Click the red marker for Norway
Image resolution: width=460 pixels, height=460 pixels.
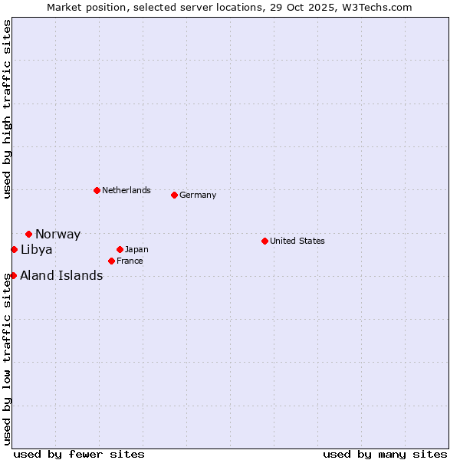(x=28, y=234)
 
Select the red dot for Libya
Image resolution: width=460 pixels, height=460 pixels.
(x=14, y=249)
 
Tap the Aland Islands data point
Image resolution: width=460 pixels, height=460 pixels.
(x=13, y=275)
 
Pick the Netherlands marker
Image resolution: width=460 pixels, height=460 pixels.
(x=97, y=190)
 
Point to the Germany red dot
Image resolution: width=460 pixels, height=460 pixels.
(x=174, y=195)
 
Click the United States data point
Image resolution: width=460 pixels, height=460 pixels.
(x=264, y=241)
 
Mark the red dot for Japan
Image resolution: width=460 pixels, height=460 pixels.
(x=120, y=249)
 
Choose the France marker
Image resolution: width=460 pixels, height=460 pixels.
(x=111, y=261)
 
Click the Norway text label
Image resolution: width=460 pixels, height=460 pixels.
(x=58, y=235)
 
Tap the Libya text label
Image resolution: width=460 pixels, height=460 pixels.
(x=36, y=250)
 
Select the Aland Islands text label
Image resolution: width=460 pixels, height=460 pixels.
(x=61, y=276)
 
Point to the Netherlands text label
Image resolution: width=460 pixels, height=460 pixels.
(x=127, y=190)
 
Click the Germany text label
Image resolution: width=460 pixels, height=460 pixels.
(x=198, y=195)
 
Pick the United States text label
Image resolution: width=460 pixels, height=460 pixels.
(x=297, y=241)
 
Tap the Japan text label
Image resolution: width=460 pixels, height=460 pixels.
(x=136, y=249)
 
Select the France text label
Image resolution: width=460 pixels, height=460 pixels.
(x=130, y=261)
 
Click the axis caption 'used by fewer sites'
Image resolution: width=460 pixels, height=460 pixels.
(x=79, y=454)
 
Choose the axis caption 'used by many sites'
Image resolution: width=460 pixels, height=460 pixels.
(x=385, y=454)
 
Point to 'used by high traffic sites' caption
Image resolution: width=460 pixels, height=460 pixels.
(x=7, y=109)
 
